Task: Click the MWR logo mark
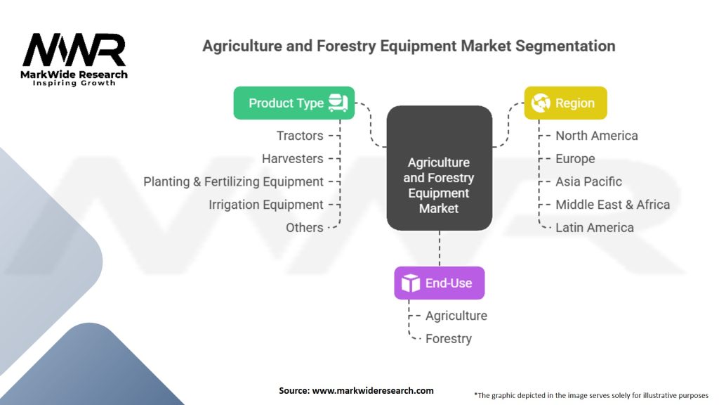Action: tap(74, 50)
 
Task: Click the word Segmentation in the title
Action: tap(565, 46)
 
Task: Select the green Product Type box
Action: tap(294, 103)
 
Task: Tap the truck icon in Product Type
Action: tap(338, 103)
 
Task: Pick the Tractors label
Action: tap(300, 136)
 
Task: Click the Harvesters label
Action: tap(293, 159)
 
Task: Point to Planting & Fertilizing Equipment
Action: tap(233, 182)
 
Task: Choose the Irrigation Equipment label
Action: tap(266, 205)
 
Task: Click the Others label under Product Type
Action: tap(305, 228)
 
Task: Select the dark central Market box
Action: tap(440, 168)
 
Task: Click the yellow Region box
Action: tap(565, 103)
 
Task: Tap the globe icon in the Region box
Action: tap(541, 103)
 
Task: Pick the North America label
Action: tap(597, 136)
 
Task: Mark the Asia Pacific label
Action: tap(589, 182)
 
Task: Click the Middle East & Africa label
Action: tap(612, 205)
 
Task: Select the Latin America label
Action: tap(595, 228)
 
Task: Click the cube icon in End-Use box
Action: tap(410, 283)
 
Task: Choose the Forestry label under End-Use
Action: tap(449, 339)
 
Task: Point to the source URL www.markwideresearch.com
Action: tap(373, 391)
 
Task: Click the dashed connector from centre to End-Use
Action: tap(440, 248)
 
